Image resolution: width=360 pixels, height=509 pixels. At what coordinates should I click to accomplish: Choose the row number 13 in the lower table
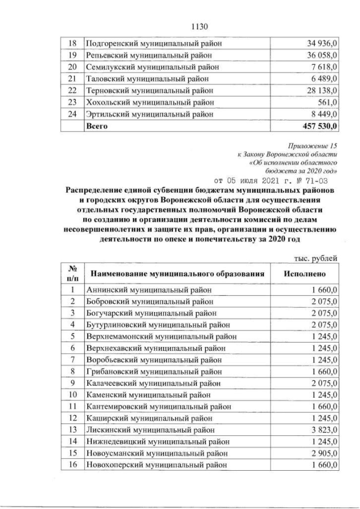tap(73, 430)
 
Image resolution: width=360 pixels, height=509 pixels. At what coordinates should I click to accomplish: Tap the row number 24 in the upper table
tap(73, 114)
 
